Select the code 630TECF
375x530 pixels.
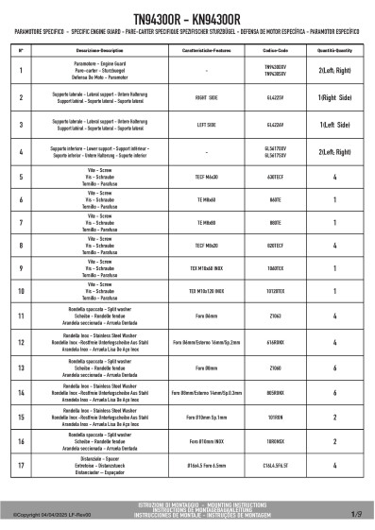pos(276,176)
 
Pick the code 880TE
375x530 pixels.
pos(276,223)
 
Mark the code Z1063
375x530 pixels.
pos(276,317)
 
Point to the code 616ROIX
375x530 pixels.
pos(276,342)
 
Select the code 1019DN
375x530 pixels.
pos(276,414)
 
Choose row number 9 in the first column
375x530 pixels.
pos(21,269)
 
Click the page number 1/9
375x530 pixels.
pos(356,515)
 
